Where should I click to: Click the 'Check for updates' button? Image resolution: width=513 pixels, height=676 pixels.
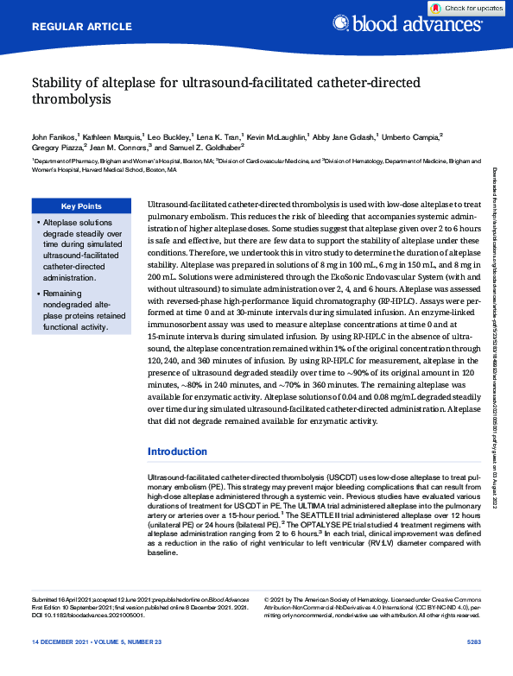pyautogui.click(x=466, y=8)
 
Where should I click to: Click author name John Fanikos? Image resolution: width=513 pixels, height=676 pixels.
pyautogui.click(x=54, y=136)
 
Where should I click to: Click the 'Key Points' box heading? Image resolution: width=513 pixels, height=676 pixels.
pyautogui.click(x=80, y=206)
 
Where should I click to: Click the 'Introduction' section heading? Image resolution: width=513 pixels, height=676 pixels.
pyautogui.click(x=177, y=452)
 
